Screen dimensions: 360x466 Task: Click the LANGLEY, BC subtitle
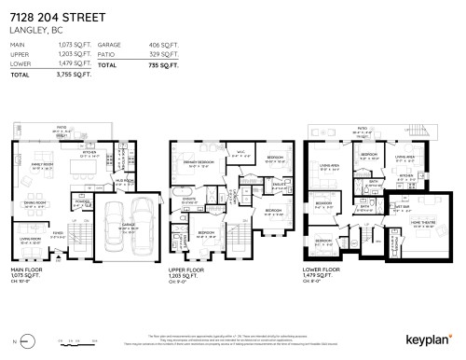point(34,30)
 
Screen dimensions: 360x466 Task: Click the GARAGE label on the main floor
point(128,226)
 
